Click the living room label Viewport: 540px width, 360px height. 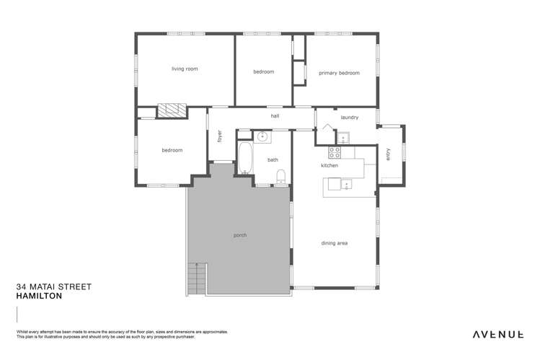coord(185,69)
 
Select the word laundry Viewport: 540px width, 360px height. coord(350,117)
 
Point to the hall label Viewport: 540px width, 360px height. coord(275,115)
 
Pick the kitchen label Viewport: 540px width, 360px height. coord(329,166)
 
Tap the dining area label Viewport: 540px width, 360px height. coord(335,243)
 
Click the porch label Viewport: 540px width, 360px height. coord(239,236)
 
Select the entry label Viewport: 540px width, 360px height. coord(388,154)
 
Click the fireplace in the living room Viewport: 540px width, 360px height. coord(172,110)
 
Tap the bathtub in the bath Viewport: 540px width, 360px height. coord(245,158)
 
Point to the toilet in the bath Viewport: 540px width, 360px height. coord(282,175)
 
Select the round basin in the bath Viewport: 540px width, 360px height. coord(262,136)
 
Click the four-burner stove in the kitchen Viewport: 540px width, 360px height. coord(335,152)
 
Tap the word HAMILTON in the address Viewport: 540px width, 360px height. coord(40,296)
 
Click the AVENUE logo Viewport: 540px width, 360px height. coord(497,334)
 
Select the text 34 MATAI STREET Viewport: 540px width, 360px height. coord(53,286)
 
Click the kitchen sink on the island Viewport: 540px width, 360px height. coord(348,185)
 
